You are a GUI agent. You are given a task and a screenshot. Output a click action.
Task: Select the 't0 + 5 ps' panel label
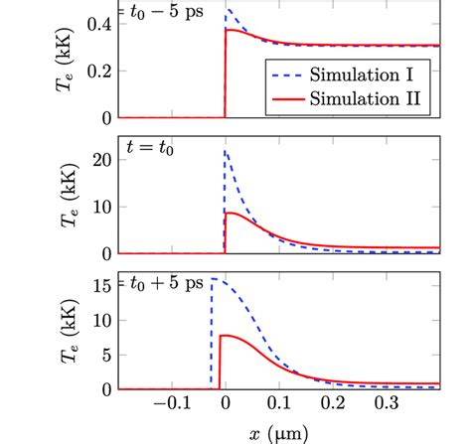click(x=165, y=282)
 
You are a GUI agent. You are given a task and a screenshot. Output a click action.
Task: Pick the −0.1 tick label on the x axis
click(x=166, y=405)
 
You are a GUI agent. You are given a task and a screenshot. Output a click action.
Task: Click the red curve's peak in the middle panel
click(x=231, y=213)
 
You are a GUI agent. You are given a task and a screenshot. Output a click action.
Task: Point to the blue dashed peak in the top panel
click(x=227, y=10)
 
